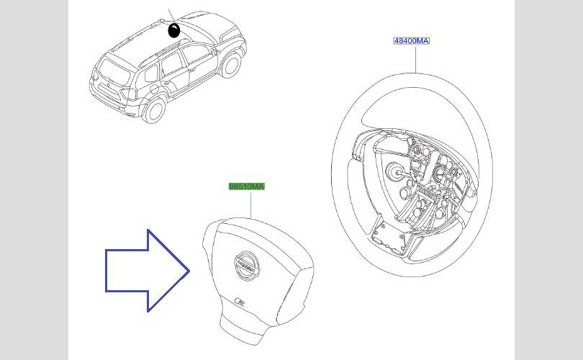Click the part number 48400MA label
[x=411, y=41]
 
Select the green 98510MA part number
[x=247, y=186]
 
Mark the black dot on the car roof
[x=174, y=30]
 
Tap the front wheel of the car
[x=230, y=65]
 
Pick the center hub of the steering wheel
[x=395, y=173]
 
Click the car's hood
[x=223, y=29]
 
